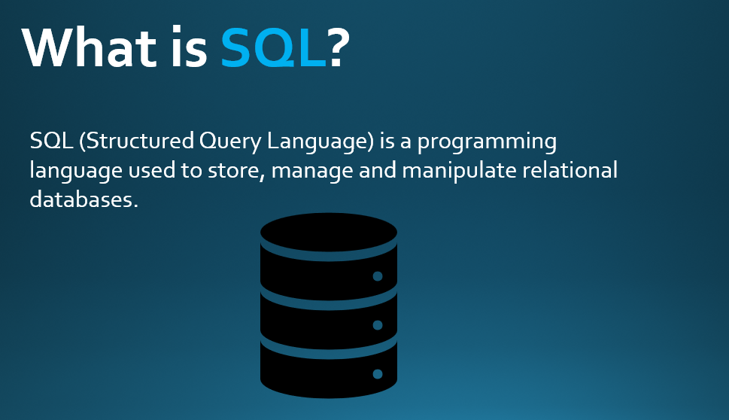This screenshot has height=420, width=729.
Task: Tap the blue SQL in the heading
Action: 273,48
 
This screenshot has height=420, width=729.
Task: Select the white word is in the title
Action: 189,47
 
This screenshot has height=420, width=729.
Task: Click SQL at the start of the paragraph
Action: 52,141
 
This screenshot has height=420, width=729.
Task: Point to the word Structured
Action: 137,141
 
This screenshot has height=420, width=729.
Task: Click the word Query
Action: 230,142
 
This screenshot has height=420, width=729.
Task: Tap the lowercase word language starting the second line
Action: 76,171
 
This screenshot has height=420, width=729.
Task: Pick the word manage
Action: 312,172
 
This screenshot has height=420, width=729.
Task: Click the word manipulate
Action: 460,171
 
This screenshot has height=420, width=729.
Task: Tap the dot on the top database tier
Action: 378,276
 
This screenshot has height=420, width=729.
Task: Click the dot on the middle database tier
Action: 378,325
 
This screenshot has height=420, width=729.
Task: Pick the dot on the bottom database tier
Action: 378,374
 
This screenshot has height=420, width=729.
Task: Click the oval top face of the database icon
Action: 329,232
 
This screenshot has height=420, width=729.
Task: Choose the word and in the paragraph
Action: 378,170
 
